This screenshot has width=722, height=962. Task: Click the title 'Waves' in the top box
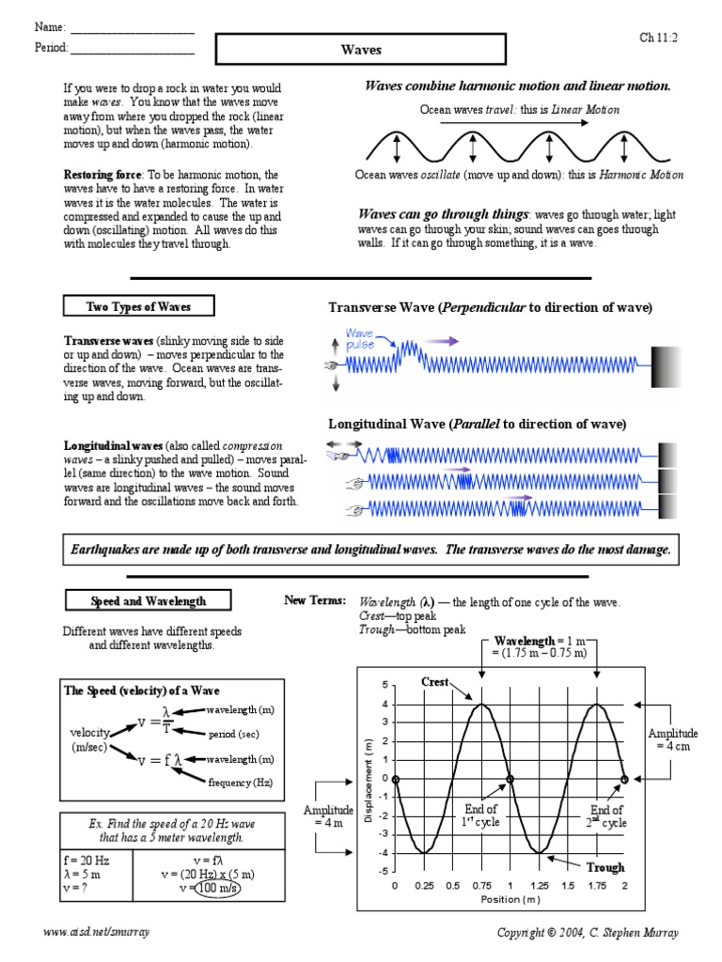(361, 51)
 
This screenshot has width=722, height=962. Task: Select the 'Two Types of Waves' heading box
(138, 306)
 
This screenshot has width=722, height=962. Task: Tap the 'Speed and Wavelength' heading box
(148, 601)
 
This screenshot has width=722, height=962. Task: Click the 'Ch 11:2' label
(659, 38)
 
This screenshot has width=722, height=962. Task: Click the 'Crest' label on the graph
(434, 681)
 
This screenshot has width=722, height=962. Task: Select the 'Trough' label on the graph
(605, 867)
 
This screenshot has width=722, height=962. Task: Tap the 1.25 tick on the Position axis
(540, 886)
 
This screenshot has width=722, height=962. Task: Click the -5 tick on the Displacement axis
(383, 872)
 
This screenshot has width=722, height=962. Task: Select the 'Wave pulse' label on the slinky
(360, 339)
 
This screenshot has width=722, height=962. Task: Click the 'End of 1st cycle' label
(480, 815)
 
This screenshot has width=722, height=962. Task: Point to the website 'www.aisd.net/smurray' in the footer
(97, 932)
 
